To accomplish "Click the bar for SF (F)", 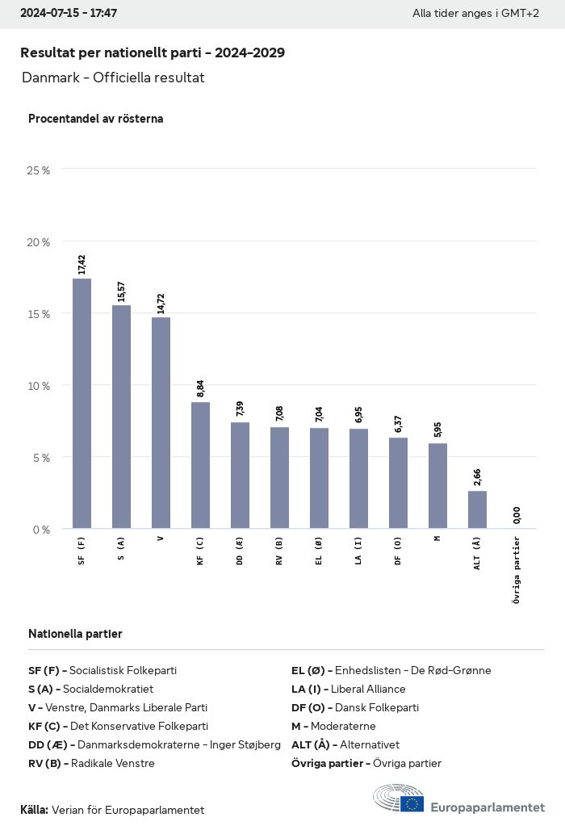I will [x=82, y=404].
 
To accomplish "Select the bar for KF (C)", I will [x=200, y=465].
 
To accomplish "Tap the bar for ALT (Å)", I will [x=477, y=509].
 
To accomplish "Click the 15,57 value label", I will [x=121, y=291].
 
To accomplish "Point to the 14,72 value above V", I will [x=161, y=304].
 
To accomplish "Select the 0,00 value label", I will [x=517, y=514].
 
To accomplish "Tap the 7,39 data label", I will [x=240, y=409].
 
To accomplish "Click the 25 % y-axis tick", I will [x=39, y=170].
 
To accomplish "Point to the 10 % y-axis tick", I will [x=39, y=386].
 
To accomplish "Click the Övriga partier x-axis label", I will [x=517, y=569].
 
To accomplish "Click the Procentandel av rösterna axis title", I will [x=95, y=119].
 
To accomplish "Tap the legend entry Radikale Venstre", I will [x=91, y=763].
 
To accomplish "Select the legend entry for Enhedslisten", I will [x=391, y=670].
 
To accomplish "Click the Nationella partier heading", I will [x=75, y=634].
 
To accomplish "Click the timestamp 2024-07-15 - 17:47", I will [x=69, y=13].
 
